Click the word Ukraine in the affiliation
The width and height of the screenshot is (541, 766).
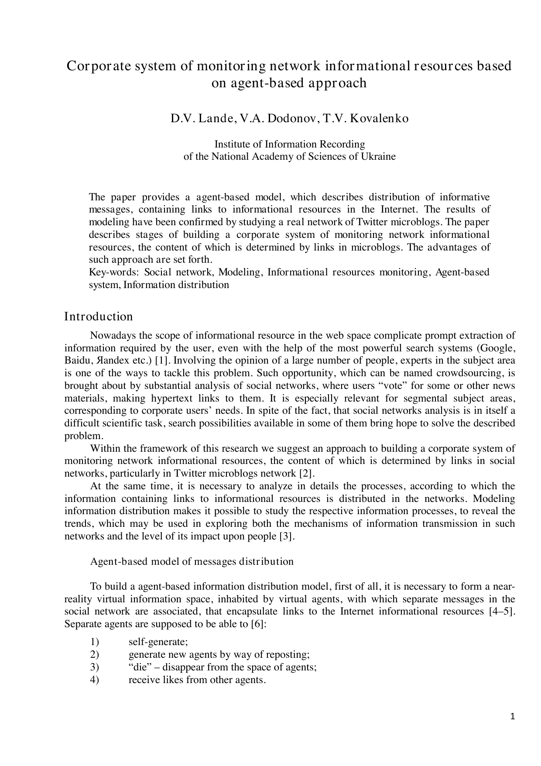[378, 157]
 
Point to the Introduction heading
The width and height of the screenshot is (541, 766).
[98, 316]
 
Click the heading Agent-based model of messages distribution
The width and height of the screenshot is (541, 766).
[192, 561]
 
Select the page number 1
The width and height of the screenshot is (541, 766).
[513, 716]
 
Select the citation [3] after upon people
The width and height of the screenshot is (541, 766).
[287, 536]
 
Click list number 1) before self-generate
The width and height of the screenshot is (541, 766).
[95, 642]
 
